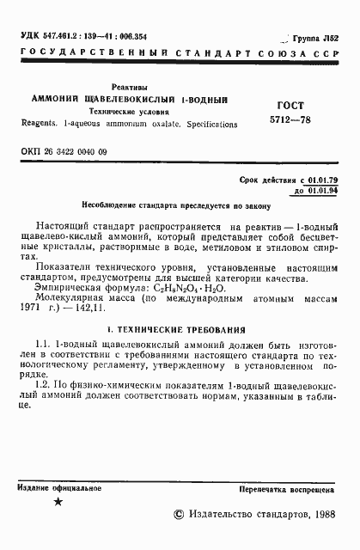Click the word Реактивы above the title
[x=130, y=88]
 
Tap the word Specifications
[x=209, y=125]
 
